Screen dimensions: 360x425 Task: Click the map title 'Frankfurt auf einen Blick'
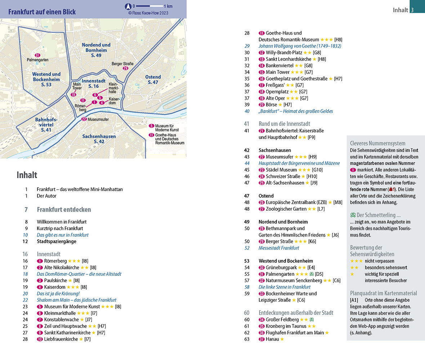coord(42,12)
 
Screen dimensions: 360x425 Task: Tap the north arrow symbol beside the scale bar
coord(128,6)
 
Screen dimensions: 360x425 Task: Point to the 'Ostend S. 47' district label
coord(153,80)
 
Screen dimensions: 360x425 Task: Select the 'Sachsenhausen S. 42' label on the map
coord(99,139)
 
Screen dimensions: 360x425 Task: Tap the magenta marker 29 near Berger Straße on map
coord(125,68)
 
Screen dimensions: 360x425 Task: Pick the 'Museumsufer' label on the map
coord(98,120)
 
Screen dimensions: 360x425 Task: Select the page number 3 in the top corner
coord(412,10)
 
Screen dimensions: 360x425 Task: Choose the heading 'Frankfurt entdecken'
coord(64,210)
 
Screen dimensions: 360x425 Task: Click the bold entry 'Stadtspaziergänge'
coord(57,242)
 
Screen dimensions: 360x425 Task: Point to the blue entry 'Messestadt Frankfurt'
coord(279,248)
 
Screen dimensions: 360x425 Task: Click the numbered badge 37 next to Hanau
coord(262,339)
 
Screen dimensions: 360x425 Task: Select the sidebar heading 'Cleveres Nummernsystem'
coord(377,143)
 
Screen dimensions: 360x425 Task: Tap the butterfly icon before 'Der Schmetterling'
coord(353,215)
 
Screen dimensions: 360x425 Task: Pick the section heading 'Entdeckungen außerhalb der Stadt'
coord(296,313)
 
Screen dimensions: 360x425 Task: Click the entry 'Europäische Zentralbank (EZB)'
coord(296,202)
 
